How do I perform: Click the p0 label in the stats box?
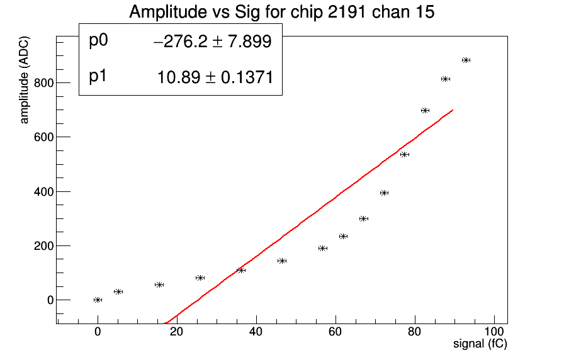[99, 41]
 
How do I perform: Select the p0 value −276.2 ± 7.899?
[212, 42]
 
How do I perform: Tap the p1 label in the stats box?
[98, 76]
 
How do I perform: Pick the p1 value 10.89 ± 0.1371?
[215, 77]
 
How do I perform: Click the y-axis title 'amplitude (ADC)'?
[25, 88]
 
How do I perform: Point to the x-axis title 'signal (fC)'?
[480, 344]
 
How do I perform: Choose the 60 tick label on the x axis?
[336, 332]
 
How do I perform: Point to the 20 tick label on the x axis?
[177, 332]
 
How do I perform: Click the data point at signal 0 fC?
[98, 300]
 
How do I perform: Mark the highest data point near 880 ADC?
[466, 60]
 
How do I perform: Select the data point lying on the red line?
[241, 270]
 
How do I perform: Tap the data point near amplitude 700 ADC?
[425, 110]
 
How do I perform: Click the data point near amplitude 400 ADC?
[384, 193]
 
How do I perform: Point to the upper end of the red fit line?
[452, 110]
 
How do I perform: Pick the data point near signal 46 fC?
[282, 261]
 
